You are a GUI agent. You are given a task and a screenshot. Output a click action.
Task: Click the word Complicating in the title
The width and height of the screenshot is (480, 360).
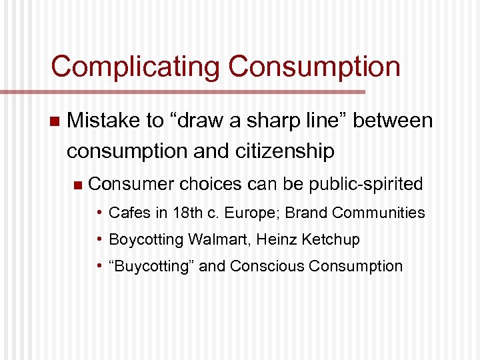point(134,67)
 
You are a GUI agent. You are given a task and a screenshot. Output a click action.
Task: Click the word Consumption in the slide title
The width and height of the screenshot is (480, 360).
point(314,67)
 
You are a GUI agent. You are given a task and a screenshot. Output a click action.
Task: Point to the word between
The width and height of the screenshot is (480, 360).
point(393,121)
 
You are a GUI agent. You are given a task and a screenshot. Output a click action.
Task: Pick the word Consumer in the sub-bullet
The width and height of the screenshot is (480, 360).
point(131,183)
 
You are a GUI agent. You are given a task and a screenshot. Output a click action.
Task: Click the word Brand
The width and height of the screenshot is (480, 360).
point(307,213)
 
